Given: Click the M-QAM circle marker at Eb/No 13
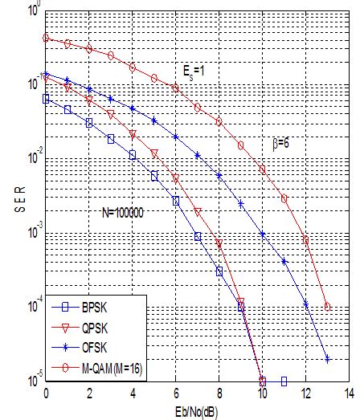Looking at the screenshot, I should coord(327,307).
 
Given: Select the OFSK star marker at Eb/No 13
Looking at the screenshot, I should coord(327,360).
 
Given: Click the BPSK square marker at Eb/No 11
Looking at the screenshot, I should coord(284,381).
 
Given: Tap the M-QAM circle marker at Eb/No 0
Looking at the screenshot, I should coord(47,38).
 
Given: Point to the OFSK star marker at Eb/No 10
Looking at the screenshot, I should coord(263,234).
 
